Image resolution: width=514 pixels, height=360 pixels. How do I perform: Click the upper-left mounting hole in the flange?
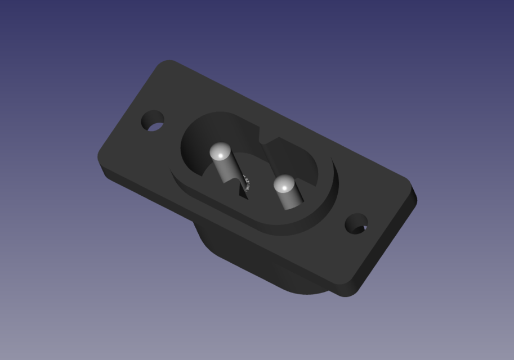(x=152, y=121)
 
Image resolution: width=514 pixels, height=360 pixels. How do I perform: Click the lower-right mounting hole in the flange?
(x=356, y=224)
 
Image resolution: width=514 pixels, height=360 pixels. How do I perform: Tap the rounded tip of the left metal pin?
(x=220, y=151)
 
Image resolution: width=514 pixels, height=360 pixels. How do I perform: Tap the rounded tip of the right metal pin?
(x=284, y=184)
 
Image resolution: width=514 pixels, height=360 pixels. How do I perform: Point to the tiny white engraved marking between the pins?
(x=247, y=181)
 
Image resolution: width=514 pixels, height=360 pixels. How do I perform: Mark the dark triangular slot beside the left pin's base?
(x=243, y=191)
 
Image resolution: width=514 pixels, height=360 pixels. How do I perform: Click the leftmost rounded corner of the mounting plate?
(x=102, y=158)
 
